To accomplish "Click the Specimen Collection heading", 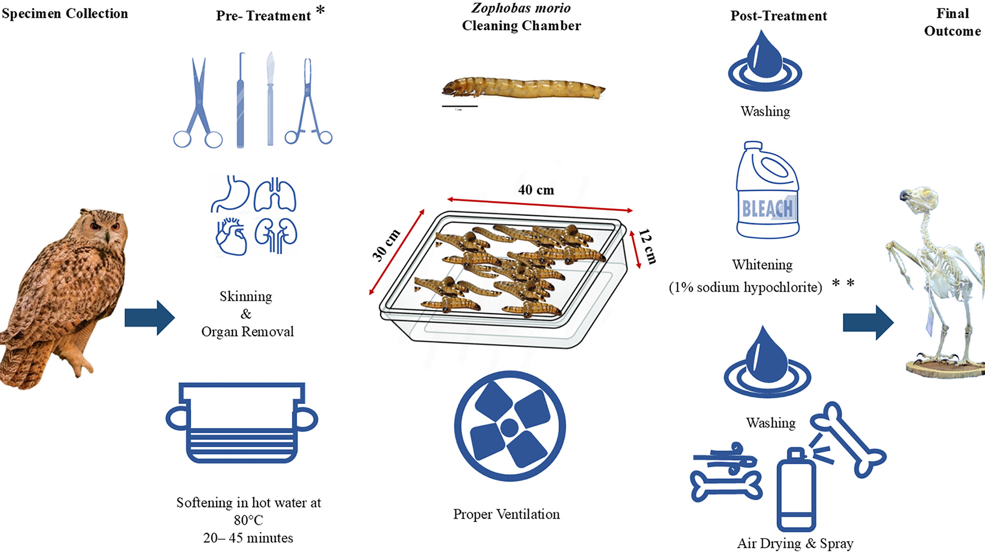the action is coord(65,14).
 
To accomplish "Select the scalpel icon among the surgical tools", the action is coord(270,98).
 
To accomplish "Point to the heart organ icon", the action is coord(231,236).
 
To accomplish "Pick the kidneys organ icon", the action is coord(276,235).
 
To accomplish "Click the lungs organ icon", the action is coord(275,195).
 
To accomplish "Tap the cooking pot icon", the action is coord(242,423).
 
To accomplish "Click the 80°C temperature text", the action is coord(249,520).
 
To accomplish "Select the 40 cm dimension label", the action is coord(536,190).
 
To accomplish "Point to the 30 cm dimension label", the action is coord(386,245).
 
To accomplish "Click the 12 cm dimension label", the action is coord(647,247).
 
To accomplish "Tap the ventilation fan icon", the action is coord(510,426).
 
